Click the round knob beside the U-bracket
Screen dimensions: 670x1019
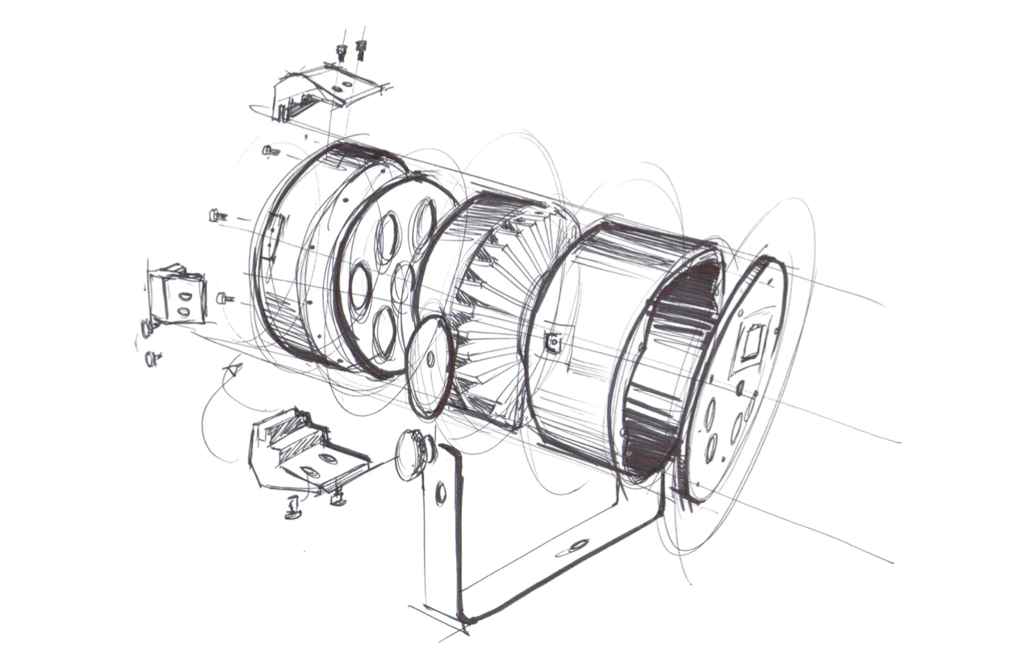[413, 454]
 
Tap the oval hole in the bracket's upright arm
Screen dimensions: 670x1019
[441, 492]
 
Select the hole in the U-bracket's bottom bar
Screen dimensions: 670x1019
[577, 546]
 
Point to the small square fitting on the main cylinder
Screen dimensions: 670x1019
[553, 343]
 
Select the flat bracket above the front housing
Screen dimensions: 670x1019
[327, 90]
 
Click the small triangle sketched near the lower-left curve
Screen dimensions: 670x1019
[233, 370]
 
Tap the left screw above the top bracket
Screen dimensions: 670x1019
[342, 52]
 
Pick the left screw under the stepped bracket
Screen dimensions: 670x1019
[293, 509]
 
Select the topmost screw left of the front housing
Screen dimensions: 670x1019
[270, 150]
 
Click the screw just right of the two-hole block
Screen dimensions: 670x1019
[224, 298]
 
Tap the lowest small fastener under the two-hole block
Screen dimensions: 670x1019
[151, 358]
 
